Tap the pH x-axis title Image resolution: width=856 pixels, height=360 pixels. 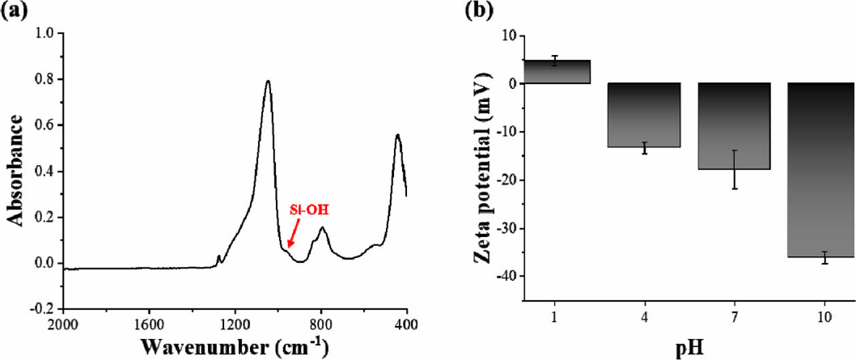pyautogui.click(x=690, y=348)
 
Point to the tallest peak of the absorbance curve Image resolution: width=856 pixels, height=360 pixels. pyautogui.click(x=268, y=81)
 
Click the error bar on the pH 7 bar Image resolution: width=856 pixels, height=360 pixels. pyautogui.click(x=734, y=169)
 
